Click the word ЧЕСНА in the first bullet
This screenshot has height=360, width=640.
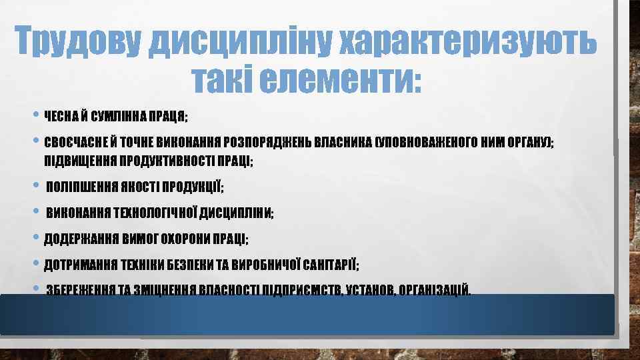click(x=61, y=117)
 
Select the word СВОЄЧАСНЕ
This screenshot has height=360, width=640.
click(x=71, y=143)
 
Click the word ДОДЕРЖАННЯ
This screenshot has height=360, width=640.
click(x=75, y=239)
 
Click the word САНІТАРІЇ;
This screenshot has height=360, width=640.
click(x=331, y=265)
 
